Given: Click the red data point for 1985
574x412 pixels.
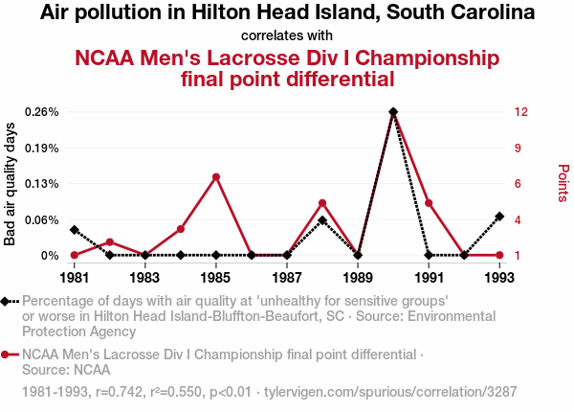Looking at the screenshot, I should tap(216, 176).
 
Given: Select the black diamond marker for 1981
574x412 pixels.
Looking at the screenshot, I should tap(75, 229).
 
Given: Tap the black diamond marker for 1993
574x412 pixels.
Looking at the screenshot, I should tap(499, 217).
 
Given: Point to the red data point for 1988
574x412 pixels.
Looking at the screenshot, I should tap(322, 202).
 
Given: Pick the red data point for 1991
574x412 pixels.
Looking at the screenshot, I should tap(429, 202).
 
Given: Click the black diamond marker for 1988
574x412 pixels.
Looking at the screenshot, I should tap(322, 220).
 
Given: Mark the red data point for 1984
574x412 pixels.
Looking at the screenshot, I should tap(181, 229).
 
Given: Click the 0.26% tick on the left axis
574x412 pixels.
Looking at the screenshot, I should tap(44, 111).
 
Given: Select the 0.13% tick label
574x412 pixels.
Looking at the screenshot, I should tap(44, 183).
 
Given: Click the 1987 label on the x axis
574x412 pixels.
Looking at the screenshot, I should tap(287, 277).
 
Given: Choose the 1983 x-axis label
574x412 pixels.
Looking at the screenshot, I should tap(145, 277).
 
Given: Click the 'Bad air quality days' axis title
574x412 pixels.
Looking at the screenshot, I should tap(11, 183).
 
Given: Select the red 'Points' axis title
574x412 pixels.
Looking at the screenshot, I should tap(563, 183).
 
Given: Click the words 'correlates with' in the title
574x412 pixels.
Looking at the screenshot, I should tap(287, 35).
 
